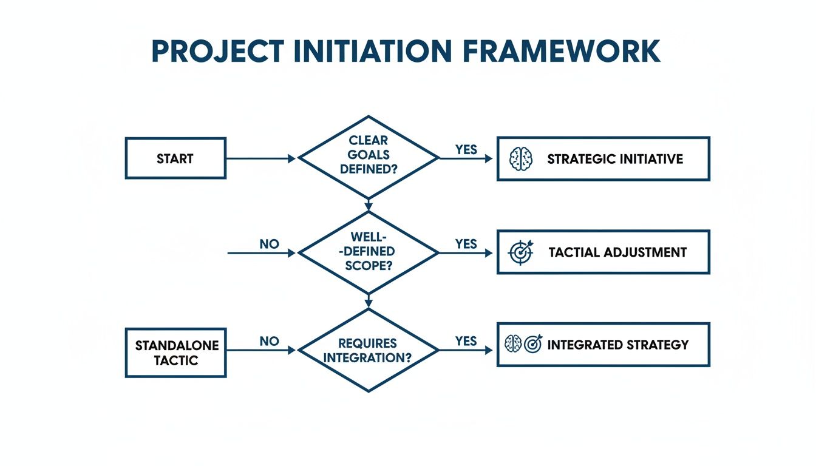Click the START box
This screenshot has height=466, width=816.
click(175, 158)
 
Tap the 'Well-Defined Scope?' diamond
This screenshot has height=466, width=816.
click(369, 251)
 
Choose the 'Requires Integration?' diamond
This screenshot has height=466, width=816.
click(369, 350)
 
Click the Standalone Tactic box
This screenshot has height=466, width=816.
click(175, 353)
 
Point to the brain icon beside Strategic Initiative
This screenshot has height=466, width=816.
click(520, 159)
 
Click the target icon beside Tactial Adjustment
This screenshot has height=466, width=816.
click(520, 252)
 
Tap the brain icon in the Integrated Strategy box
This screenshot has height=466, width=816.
click(513, 345)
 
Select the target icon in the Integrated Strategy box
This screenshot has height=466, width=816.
click(532, 345)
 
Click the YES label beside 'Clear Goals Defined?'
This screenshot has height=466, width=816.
click(466, 149)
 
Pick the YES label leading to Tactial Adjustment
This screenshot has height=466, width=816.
click(466, 243)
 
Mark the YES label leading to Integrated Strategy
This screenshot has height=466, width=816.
click(466, 341)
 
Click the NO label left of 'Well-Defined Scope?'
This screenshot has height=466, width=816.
click(269, 244)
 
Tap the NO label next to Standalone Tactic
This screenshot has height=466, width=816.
click(269, 342)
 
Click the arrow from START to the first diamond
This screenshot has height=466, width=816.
click(261, 158)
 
